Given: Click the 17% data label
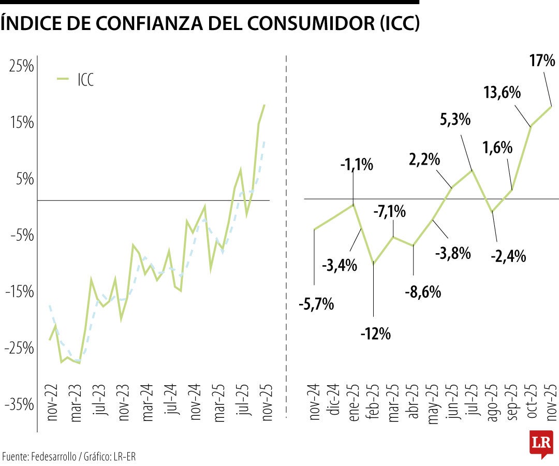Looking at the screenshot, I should click(x=542, y=61).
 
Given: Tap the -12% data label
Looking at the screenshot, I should click(x=375, y=333).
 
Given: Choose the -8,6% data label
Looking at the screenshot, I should click(x=423, y=292).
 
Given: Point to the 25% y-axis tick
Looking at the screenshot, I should click(x=21, y=66).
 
